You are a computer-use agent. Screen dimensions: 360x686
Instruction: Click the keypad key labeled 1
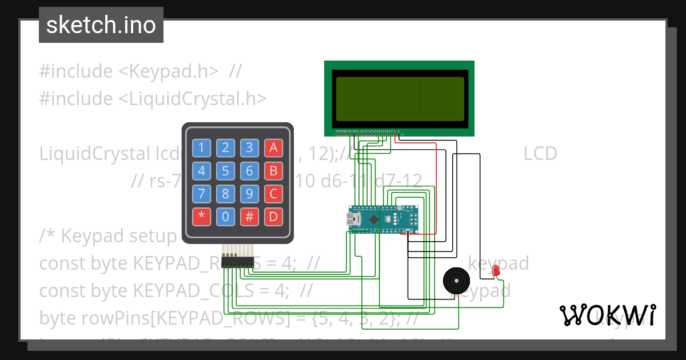coord(201,148)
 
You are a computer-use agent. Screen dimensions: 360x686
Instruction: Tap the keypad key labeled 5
coord(226,171)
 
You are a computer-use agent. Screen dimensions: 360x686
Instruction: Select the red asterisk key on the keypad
coord(201,217)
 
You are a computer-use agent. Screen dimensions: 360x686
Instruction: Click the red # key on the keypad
coord(250,217)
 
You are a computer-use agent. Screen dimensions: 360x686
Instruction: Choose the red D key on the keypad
coord(274,217)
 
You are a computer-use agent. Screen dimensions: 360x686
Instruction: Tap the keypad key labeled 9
coord(250,194)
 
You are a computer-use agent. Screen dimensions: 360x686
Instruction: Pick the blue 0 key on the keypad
coord(226,217)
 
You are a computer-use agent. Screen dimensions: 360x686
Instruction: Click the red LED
coord(496,270)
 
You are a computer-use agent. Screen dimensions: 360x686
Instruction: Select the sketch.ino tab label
coord(101,25)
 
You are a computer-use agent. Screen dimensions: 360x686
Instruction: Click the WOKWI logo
coord(607,315)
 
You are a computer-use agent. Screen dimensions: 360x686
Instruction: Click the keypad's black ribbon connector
coord(238,262)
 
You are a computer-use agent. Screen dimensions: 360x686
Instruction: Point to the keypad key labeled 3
coord(250,148)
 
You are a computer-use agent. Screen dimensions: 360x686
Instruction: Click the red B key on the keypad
coord(274,171)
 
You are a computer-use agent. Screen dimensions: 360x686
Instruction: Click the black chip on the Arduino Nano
coord(374,219)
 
